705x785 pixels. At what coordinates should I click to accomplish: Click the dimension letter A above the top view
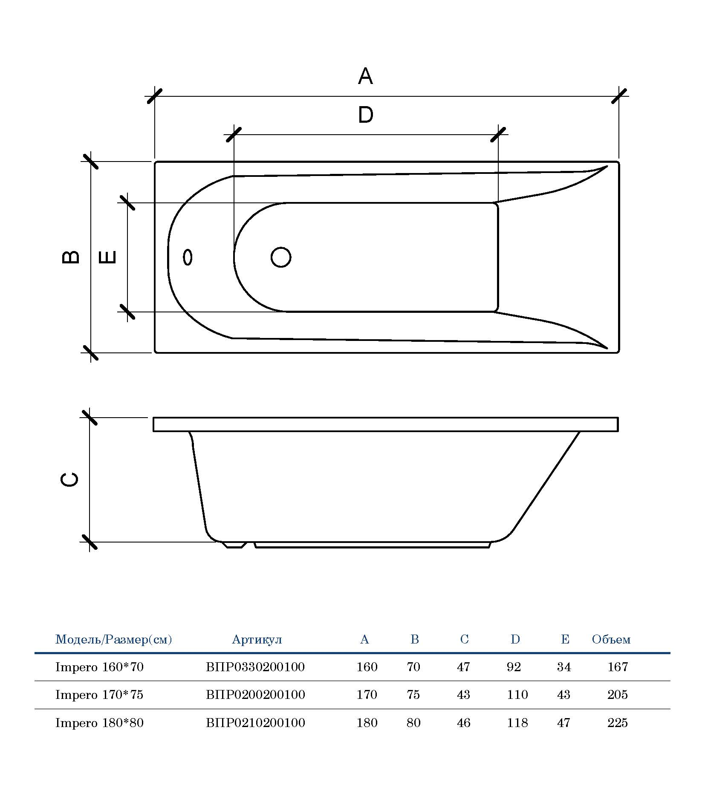pyautogui.click(x=365, y=76)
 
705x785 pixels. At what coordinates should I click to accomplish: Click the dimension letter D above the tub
pyautogui.click(x=365, y=115)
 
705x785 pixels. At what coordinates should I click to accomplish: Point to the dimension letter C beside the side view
pyautogui.click(x=69, y=479)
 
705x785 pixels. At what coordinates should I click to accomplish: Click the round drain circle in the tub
pyautogui.click(x=281, y=257)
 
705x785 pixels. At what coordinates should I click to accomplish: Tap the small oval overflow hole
pyautogui.click(x=188, y=257)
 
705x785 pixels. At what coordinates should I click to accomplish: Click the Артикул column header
pyautogui.click(x=257, y=640)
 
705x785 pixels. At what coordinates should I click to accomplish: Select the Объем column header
pyautogui.click(x=611, y=640)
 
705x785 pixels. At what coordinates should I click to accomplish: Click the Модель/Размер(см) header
pyautogui.click(x=114, y=640)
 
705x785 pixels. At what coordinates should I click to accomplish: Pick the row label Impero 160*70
pyautogui.click(x=99, y=667)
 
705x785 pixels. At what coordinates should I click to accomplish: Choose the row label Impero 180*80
pyautogui.click(x=99, y=723)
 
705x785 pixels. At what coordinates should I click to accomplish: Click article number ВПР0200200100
pyautogui.click(x=255, y=695)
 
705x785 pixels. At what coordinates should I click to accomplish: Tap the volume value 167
pyautogui.click(x=618, y=667)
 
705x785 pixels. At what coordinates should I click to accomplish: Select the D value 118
pyautogui.click(x=517, y=723)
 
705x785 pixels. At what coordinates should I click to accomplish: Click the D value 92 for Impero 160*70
pyautogui.click(x=514, y=667)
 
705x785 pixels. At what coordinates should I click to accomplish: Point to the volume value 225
pyautogui.click(x=618, y=723)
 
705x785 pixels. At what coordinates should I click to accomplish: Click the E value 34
pyautogui.click(x=564, y=667)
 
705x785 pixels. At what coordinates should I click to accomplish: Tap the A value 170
pyautogui.click(x=367, y=695)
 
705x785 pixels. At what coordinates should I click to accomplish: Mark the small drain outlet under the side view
pyautogui.click(x=234, y=545)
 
